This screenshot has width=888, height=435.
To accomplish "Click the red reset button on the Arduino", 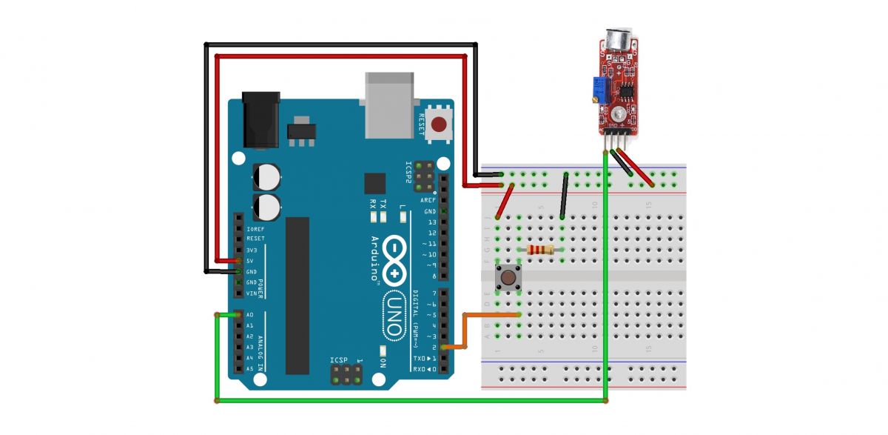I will click(442, 124).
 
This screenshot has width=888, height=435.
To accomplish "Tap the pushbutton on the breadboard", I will click(508, 278).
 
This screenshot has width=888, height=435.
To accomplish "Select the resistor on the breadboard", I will click(539, 250).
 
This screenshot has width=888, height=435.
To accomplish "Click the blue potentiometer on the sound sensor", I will click(598, 90).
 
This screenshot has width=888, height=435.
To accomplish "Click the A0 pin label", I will click(249, 314).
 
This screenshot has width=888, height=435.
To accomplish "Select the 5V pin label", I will click(252, 261).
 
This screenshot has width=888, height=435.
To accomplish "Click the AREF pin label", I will click(428, 200).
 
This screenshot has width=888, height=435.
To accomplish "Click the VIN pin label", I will click(252, 293).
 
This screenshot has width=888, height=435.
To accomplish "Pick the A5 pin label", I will click(249, 368).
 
